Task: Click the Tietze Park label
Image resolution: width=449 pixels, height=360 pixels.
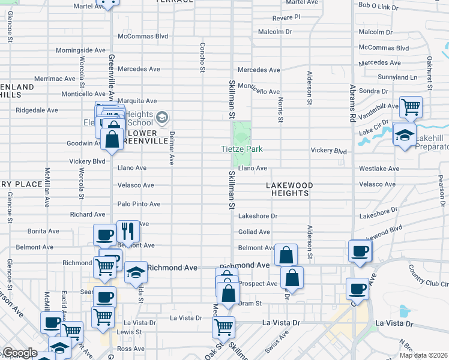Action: click(243, 149)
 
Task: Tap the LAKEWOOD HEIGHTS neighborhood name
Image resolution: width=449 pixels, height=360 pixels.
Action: click(288, 189)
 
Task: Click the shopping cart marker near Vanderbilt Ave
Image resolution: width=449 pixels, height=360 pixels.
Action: click(411, 107)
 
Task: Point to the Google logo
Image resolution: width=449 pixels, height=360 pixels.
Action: click(20, 353)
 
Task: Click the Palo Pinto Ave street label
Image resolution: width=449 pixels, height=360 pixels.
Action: click(139, 204)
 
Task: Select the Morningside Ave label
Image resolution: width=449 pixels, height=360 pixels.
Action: click(80, 50)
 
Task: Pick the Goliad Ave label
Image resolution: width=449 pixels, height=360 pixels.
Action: click(254, 232)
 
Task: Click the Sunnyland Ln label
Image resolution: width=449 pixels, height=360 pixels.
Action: click(397, 77)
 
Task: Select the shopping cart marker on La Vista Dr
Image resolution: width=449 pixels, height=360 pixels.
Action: click(224, 327)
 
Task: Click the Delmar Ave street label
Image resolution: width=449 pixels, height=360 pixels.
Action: click(172, 148)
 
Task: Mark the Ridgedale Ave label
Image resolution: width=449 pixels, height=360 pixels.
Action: click(37, 110)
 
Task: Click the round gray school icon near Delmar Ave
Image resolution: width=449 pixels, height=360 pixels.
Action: click(161, 116)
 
